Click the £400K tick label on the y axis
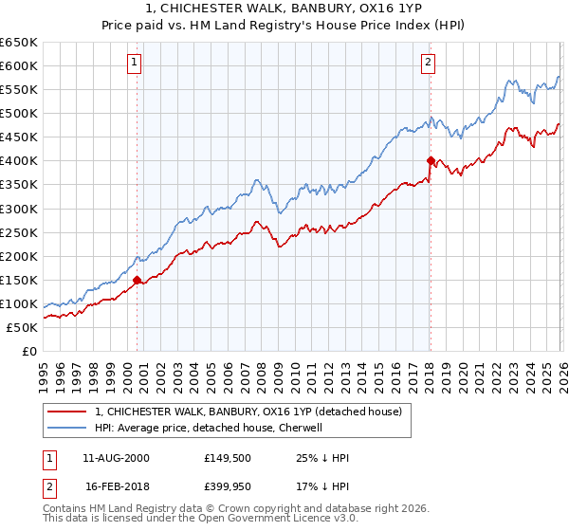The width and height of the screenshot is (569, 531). (x=18, y=161)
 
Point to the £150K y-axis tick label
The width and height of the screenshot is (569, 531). (x=18, y=280)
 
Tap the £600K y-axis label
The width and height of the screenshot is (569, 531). (x=18, y=65)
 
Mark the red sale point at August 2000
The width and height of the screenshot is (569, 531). (x=137, y=280)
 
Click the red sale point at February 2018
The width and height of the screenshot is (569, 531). (x=431, y=160)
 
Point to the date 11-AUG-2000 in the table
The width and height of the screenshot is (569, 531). (x=117, y=458)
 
